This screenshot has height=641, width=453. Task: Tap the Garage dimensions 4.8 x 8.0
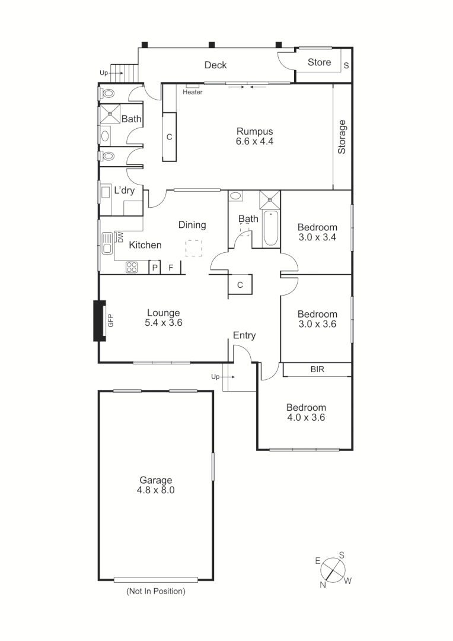[156, 490]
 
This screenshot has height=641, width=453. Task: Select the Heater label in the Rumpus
[193, 92]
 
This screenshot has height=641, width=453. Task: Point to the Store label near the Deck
[319, 62]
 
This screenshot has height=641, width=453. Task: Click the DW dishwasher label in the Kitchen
[120, 237]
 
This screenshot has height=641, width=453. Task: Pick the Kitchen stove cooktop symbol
[132, 268]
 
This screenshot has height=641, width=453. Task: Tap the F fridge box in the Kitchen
[171, 268]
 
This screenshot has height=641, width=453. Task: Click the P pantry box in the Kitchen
[155, 268]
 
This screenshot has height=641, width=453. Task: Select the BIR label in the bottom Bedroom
[317, 369]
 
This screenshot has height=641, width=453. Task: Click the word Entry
[244, 335]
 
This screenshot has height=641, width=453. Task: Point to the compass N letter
[323, 585]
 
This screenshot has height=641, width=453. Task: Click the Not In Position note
[156, 591]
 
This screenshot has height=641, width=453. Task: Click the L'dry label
[124, 191]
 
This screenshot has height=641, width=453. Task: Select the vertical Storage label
[342, 137]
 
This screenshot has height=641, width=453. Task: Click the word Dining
[192, 225]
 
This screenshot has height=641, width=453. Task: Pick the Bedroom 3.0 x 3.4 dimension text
[317, 237]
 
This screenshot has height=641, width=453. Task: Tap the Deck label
[215, 65]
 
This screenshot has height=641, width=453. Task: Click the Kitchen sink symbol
[107, 243]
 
